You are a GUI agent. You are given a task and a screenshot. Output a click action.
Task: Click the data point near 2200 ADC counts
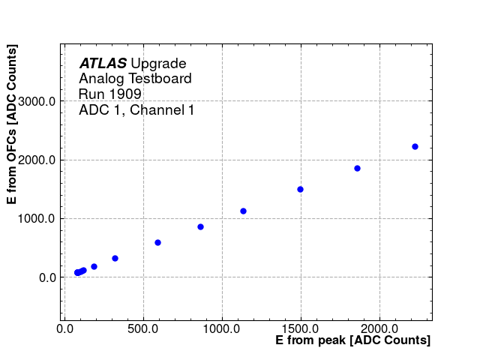tap(415, 146)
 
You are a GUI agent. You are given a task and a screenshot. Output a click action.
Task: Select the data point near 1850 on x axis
tap(357, 168)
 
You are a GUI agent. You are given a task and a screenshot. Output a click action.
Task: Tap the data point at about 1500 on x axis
tap(300, 189)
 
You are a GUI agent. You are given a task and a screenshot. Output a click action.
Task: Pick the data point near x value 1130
tap(243, 211)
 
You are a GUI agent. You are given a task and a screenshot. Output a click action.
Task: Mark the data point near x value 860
tap(200, 226)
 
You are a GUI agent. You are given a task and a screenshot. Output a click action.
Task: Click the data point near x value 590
tap(157, 242)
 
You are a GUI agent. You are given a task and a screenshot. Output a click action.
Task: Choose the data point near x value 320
tap(115, 258)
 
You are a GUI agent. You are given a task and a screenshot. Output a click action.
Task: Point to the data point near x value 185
tap(94, 266)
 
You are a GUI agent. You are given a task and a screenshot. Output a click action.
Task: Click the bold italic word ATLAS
tap(103, 64)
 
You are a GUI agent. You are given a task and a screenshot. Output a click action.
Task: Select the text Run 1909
tap(110, 94)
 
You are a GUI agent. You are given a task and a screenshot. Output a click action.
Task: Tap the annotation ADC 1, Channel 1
tap(136, 110)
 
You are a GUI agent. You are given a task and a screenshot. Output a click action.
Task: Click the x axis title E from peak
tap(352, 340)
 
